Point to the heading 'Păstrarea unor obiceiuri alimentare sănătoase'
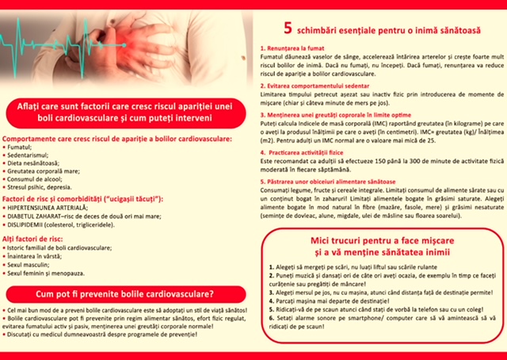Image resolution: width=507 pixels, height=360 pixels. tap(334, 182)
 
